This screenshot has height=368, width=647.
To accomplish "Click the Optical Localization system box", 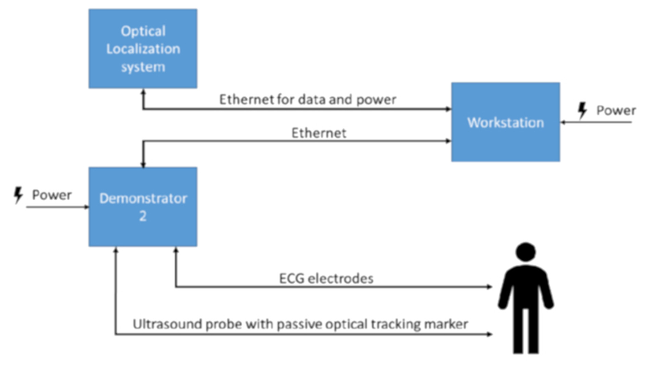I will [x=142, y=48].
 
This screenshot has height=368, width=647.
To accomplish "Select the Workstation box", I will [x=505, y=122].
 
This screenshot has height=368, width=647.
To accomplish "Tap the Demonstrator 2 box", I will [x=142, y=207].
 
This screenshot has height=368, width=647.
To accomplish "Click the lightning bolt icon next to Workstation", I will [x=583, y=111].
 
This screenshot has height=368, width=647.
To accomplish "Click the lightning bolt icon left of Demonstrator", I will [x=18, y=196].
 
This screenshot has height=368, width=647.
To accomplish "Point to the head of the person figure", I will [x=525, y=253].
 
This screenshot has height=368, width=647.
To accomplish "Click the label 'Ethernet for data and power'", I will [x=308, y=100].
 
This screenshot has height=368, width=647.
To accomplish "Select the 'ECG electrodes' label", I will [x=326, y=278].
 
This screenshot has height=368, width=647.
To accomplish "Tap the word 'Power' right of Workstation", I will [x=616, y=111].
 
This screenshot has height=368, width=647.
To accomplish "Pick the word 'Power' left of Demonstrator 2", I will [x=52, y=195].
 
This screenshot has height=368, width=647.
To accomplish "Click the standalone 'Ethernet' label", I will [x=319, y=133].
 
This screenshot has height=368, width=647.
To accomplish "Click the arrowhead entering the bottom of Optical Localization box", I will [x=143, y=92].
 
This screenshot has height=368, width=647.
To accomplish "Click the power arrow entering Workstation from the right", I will [x=564, y=123].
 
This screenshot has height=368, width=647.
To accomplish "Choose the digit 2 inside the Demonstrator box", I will [x=143, y=216].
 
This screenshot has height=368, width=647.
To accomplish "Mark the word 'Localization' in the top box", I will [x=143, y=48].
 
